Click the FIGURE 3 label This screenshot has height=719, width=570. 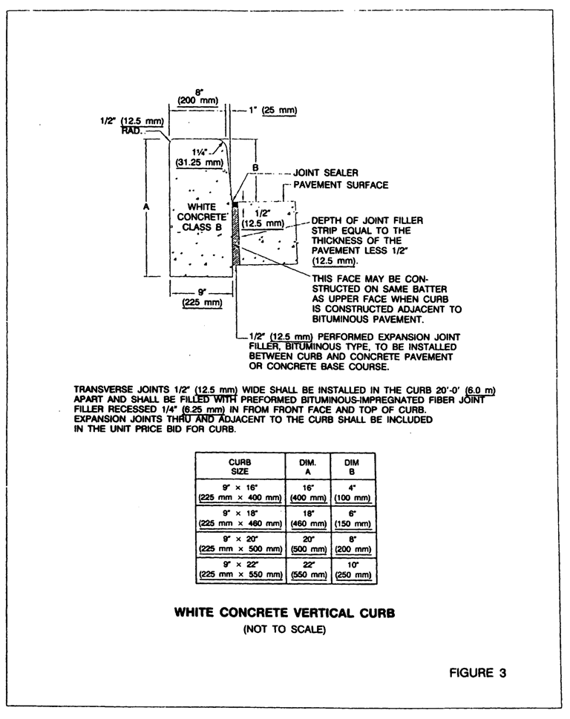tap(477, 673)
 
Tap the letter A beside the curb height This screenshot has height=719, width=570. tap(146, 209)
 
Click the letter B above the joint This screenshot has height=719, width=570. tap(255, 168)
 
